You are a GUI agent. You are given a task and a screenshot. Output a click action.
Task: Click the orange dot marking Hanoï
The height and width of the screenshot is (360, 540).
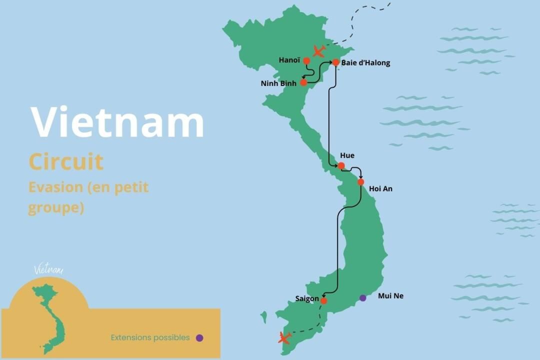(306, 61)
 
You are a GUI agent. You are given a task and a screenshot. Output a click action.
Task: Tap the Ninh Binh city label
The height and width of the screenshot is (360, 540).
(278, 83)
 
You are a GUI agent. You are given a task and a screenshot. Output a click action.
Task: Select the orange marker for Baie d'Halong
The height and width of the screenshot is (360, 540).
(336, 62)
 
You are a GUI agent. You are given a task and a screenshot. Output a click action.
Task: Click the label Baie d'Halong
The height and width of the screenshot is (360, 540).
(365, 63)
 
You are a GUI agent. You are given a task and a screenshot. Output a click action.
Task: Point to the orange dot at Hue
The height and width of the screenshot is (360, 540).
(341, 166)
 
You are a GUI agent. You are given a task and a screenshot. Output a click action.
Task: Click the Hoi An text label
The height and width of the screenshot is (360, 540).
(380, 188)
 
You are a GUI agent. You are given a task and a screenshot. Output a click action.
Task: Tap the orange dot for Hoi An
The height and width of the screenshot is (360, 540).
(360, 182)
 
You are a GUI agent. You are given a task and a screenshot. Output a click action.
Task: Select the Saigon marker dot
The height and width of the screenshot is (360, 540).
(323, 300)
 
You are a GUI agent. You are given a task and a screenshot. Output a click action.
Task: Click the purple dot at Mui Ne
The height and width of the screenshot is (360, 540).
(362, 298)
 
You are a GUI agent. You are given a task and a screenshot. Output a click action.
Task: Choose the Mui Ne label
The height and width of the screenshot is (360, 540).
(390, 296)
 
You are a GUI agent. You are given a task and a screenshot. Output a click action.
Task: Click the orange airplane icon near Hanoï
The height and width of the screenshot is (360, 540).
(318, 51)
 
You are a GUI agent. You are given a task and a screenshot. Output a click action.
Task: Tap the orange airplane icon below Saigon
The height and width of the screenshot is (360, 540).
(284, 338)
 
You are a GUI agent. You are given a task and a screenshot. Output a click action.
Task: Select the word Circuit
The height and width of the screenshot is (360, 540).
(66, 162)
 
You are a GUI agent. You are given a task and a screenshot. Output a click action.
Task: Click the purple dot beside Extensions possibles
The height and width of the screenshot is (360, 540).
(199, 337)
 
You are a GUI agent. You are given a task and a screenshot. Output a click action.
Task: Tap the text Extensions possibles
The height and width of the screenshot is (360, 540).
(150, 337)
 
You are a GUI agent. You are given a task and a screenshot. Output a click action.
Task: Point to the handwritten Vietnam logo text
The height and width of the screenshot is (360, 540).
(48, 269)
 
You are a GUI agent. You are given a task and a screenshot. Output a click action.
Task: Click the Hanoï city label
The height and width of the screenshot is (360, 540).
(289, 60)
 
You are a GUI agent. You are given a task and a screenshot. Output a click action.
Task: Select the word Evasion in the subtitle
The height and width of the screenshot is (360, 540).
(55, 187)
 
